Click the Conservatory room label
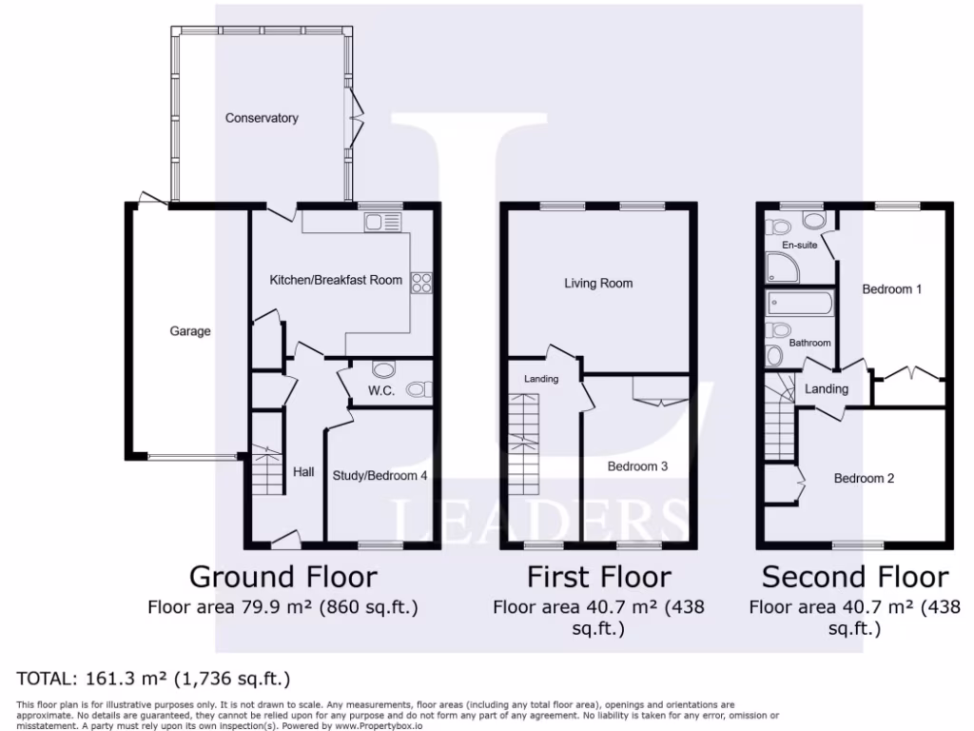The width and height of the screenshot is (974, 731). pyautogui.click(x=262, y=118)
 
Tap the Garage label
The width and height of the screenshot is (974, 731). pyautogui.click(x=190, y=331)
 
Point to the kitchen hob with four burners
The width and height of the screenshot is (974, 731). pyautogui.click(x=421, y=282)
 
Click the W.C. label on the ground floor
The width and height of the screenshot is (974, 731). pyautogui.click(x=380, y=390)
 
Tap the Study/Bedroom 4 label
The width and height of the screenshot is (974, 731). pyautogui.click(x=380, y=475)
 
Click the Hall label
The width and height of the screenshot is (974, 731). pyautogui.click(x=303, y=472)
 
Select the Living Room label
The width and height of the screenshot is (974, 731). pyautogui.click(x=598, y=283)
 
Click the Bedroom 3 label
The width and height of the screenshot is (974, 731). pyautogui.click(x=638, y=466)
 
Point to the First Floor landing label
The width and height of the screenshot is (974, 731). pyautogui.click(x=541, y=379)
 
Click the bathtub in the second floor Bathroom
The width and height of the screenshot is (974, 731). pyautogui.click(x=799, y=305)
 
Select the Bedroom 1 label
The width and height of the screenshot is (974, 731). pyautogui.click(x=892, y=288)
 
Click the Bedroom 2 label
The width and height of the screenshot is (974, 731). pyautogui.click(x=864, y=478)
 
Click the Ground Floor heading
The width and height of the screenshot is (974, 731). pyautogui.click(x=283, y=577)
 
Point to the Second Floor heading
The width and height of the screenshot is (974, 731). pyautogui.click(x=855, y=577)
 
